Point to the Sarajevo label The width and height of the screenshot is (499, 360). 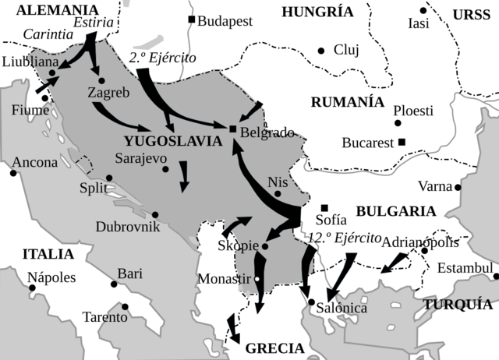(x=141, y=157)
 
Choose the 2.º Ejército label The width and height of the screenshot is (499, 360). (x=163, y=58)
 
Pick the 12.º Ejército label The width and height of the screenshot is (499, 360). (x=344, y=238)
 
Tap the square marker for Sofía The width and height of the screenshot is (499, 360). (x=324, y=207)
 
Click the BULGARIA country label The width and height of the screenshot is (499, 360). (x=395, y=211)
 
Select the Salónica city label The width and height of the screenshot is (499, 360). (x=342, y=309)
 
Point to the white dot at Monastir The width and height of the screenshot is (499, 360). (x=257, y=279)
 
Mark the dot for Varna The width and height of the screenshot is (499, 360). (x=458, y=187)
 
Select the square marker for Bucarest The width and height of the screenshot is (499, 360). (x=402, y=142)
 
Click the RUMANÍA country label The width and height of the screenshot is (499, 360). (x=347, y=102)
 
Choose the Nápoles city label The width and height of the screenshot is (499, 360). (x=51, y=277)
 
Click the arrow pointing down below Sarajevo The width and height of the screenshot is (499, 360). (x=184, y=177)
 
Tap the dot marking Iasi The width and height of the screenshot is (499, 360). (x=423, y=11)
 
